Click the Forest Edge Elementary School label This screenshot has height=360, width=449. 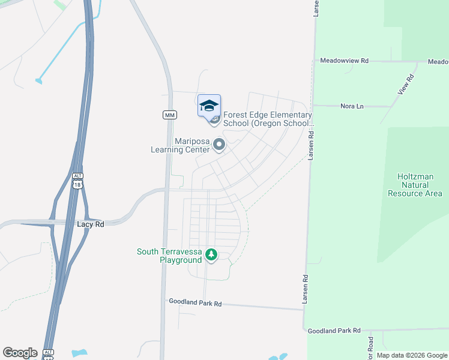[x=268, y=119]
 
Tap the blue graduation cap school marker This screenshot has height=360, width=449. [x=209, y=106]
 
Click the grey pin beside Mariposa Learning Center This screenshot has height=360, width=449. [x=219, y=145]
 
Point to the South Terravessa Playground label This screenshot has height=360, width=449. [x=169, y=256]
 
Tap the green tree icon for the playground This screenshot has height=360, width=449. [x=211, y=255]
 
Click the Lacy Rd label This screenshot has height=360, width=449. [x=91, y=224]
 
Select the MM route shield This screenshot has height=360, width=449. [x=169, y=114]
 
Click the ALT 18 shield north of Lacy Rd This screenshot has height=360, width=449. [x=77, y=181]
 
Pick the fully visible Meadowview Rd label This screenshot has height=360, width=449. [x=344, y=61]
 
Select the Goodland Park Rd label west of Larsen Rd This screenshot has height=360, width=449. [x=195, y=303]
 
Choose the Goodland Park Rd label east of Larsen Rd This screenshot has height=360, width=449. [x=333, y=331]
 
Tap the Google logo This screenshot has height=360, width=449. [x=20, y=352]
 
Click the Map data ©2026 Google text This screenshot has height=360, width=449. [x=412, y=355]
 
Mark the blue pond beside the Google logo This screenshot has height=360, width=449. [x=79, y=353]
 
